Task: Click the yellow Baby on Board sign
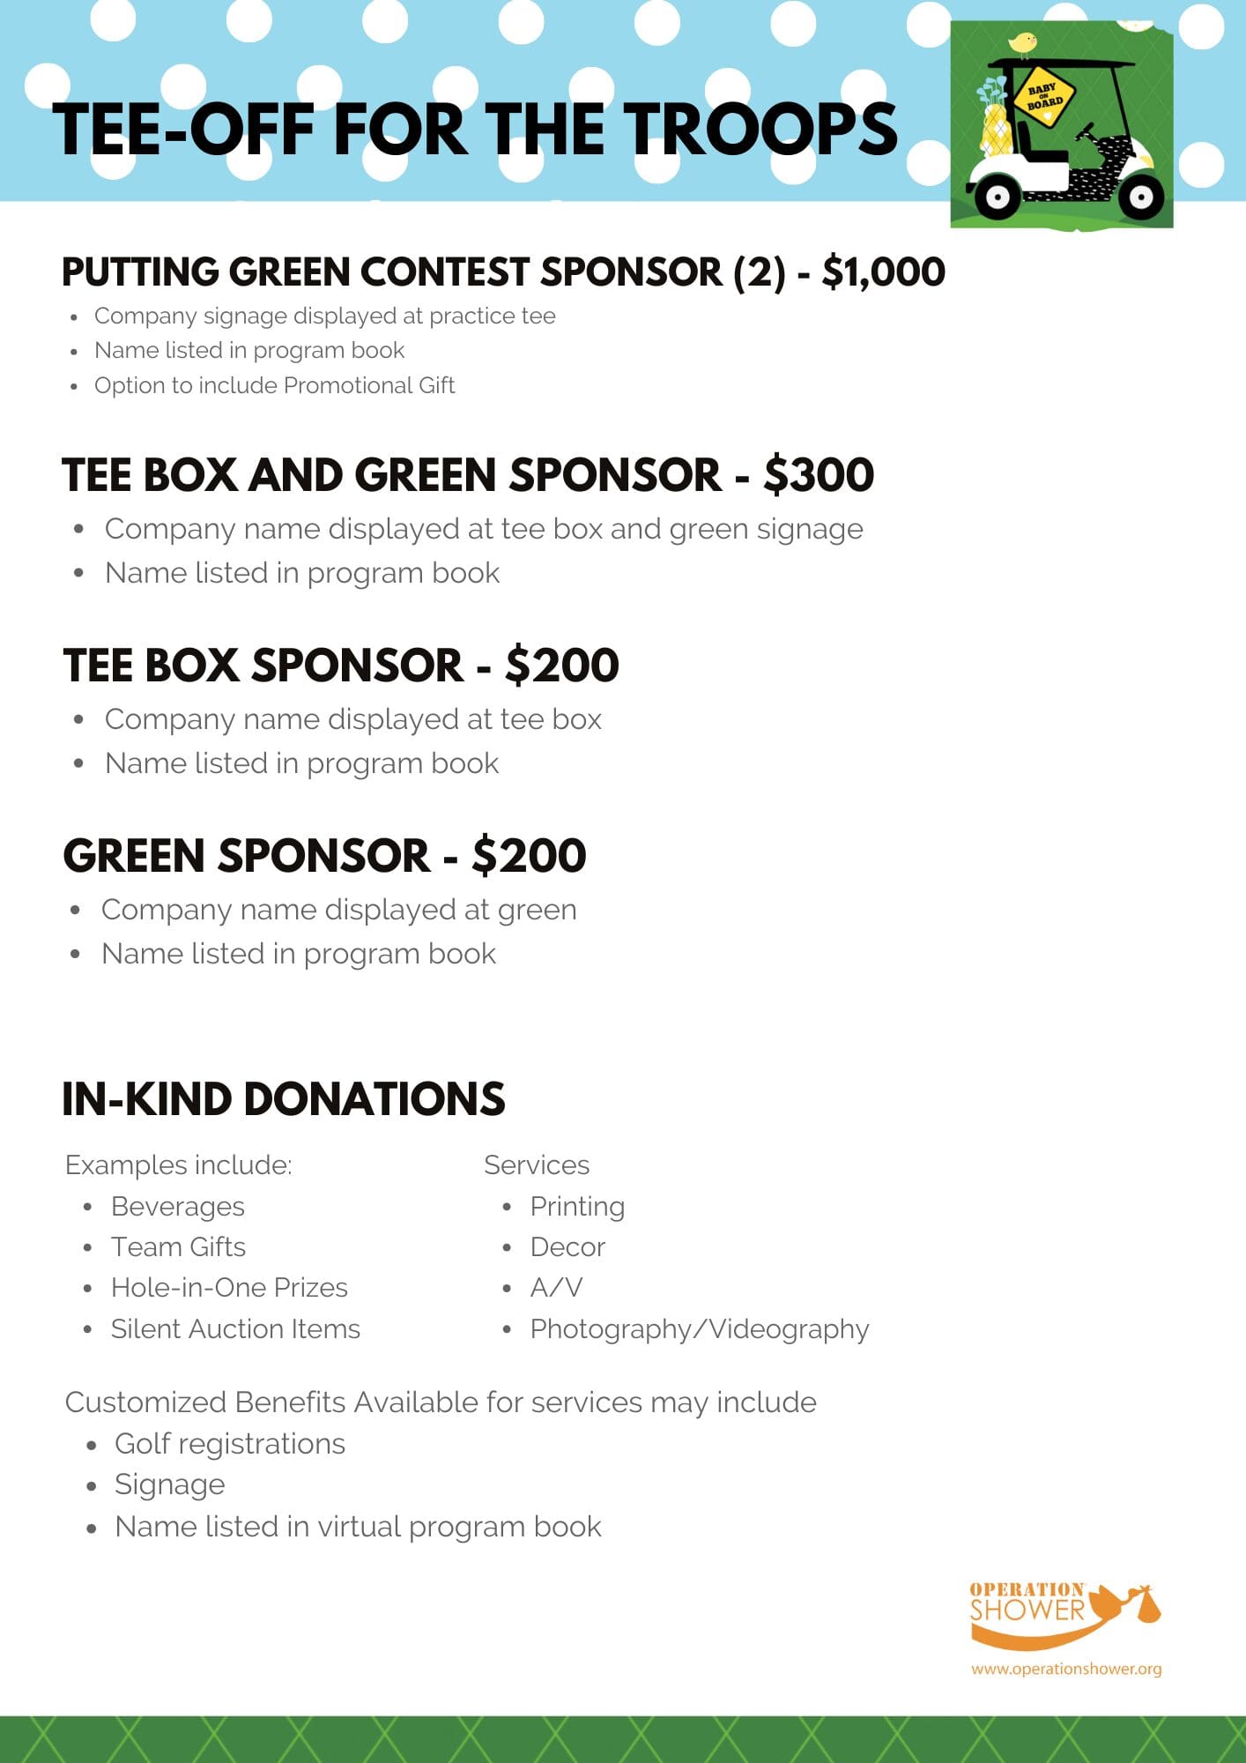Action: [1045, 96]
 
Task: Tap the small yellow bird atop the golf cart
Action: [1022, 42]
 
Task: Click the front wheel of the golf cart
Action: [1140, 197]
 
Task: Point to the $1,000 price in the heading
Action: [883, 272]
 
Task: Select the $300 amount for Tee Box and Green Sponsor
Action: [819, 475]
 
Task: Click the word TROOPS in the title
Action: [760, 130]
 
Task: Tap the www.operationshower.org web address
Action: [1066, 1669]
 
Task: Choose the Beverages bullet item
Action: [177, 1206]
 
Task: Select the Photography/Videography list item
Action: [699, 1328]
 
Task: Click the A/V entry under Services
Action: [556, 1287]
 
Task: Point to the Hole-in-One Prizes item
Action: [229, 1287]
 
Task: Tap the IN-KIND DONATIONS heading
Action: [283, 1099]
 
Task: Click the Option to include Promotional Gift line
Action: [274, 385]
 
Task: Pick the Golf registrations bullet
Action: [229, 1443]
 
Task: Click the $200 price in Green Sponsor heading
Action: [529, 856]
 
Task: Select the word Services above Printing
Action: [536, 1164]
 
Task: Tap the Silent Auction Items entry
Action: [235, 1328]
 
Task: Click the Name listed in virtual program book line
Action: [358, 1526]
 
